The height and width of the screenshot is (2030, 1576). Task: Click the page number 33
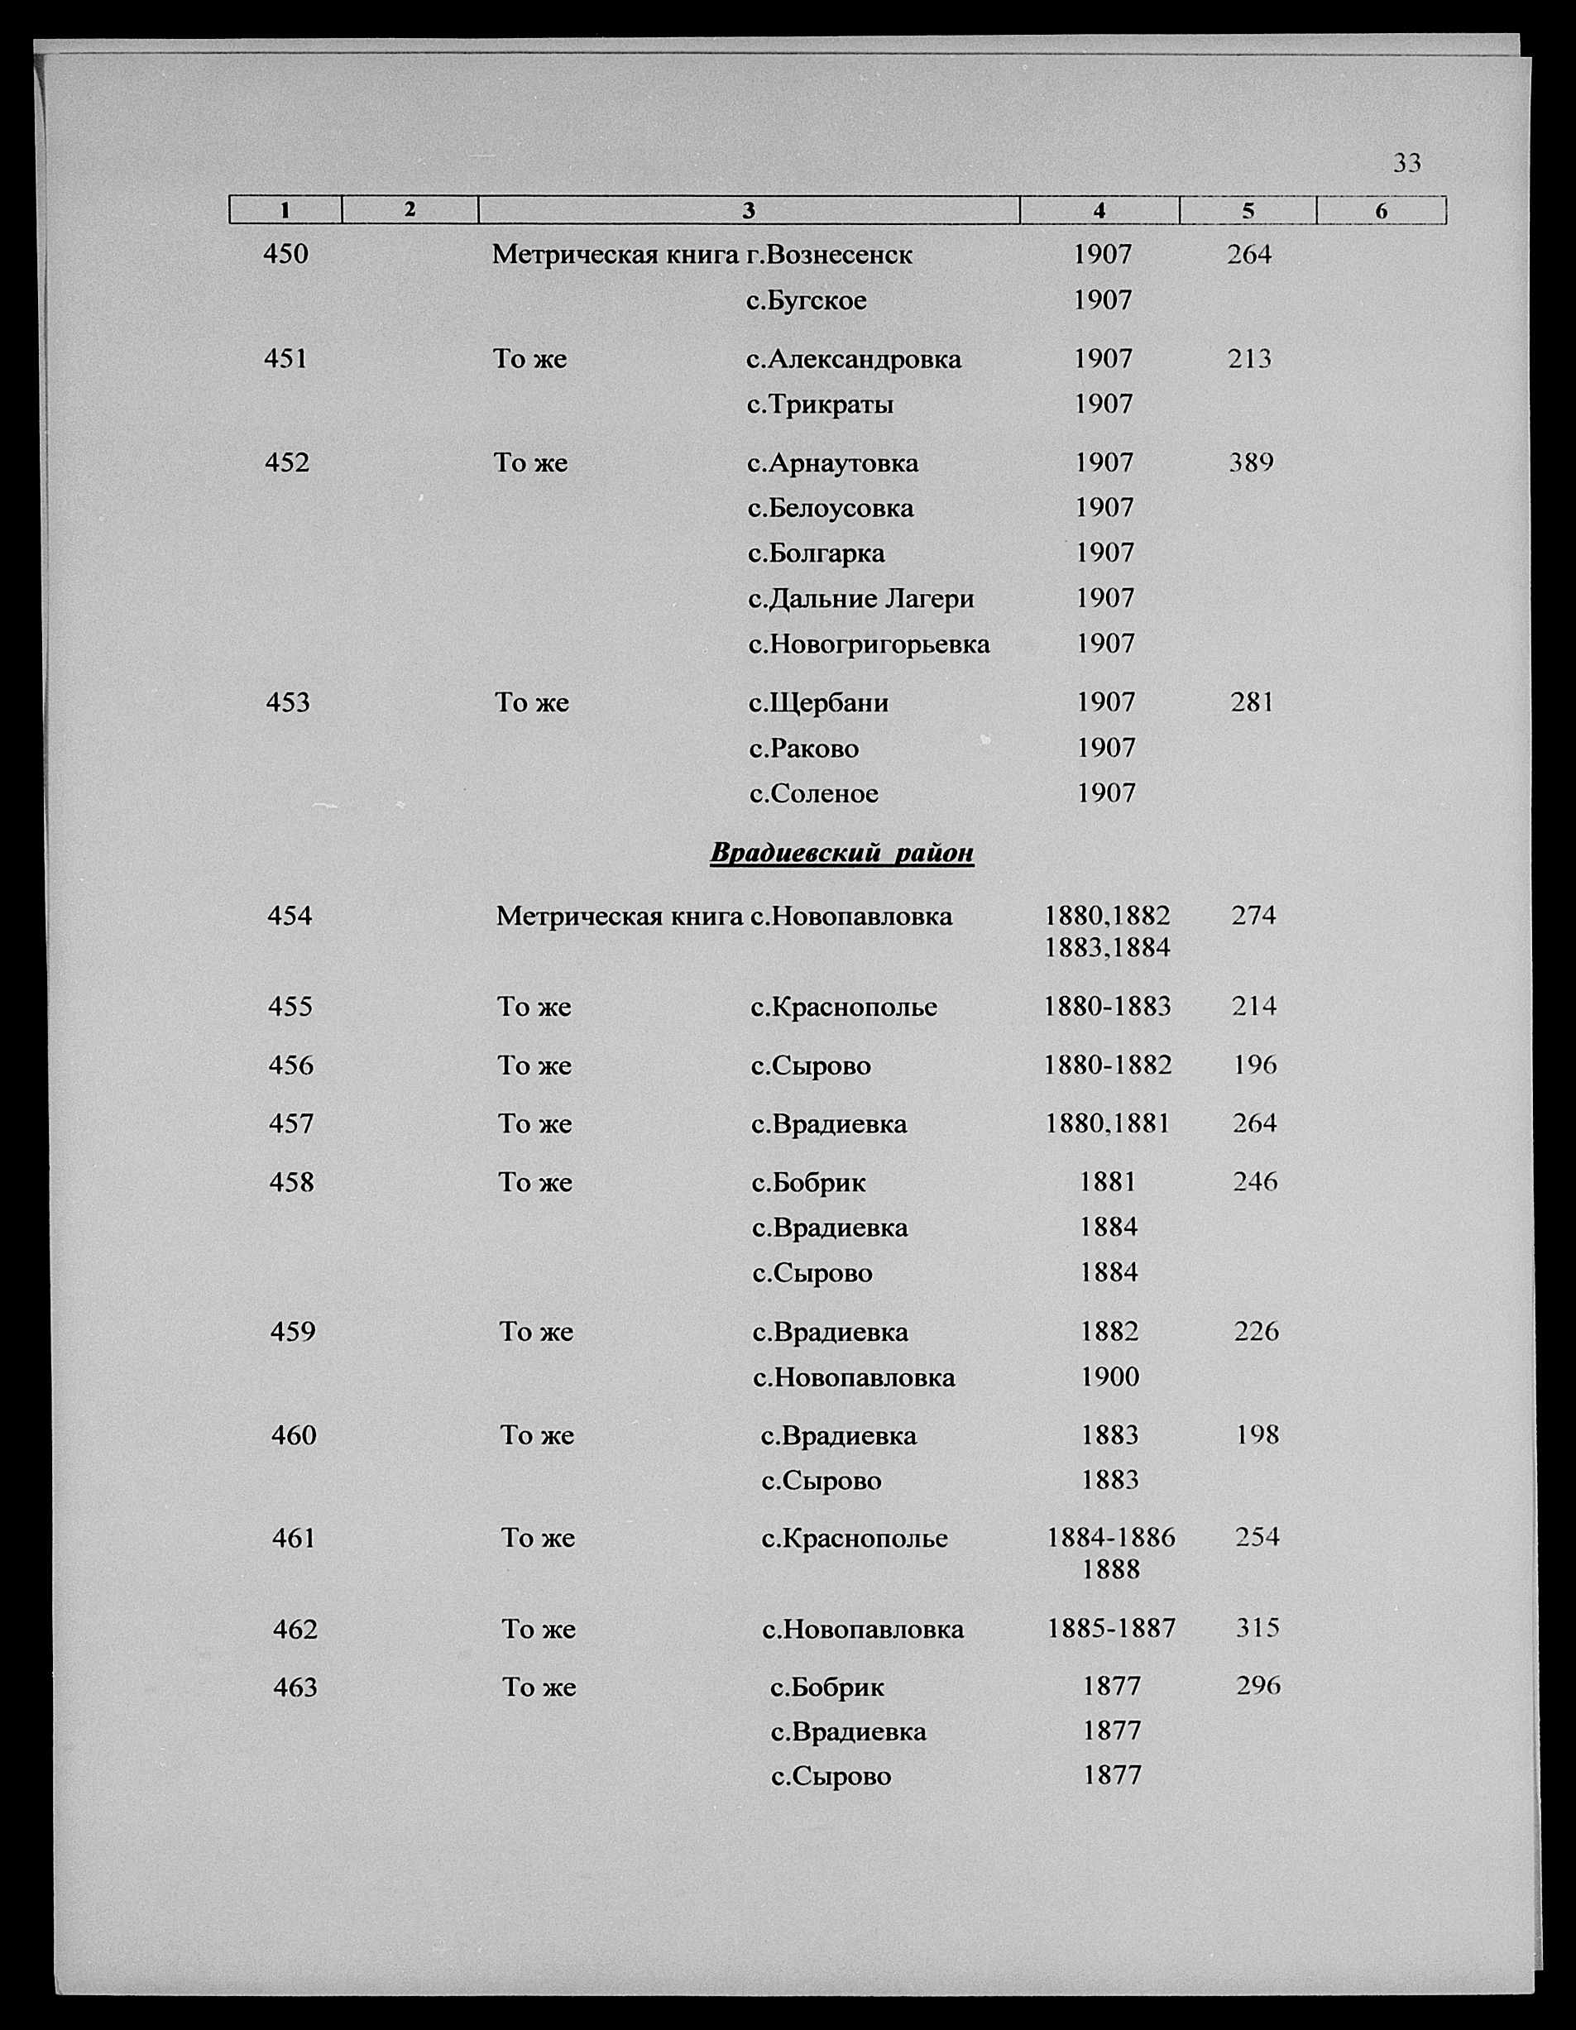coord(1406,164)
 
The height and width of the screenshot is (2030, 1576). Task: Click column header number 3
coord(749,211)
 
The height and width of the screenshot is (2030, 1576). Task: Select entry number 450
coord(285,254)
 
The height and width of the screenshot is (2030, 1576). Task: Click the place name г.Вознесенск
coord(830,254)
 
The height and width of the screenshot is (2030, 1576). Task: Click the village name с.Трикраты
coord(820,405)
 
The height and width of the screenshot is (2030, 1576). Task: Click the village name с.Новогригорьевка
coord(869,644)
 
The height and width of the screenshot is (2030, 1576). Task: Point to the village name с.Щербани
coord(818,702)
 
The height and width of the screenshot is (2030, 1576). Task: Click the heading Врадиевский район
coord(841,853)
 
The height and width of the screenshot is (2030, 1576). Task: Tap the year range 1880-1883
coord(1108,1007)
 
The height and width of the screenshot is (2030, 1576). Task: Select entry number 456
coord(291,1065)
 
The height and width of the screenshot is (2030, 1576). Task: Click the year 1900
coord(1109,1376)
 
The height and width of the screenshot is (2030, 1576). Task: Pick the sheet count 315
coord(1257,1627)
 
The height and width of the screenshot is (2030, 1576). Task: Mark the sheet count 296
coord(1258,1685)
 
